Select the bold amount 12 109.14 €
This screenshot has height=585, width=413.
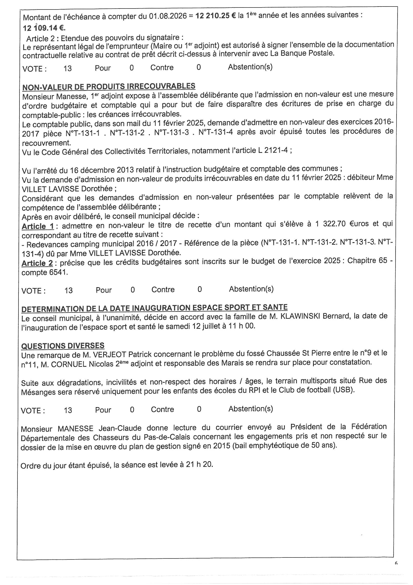(x=44, y=28)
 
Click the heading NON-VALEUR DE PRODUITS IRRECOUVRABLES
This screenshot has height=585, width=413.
(x=109, y=86)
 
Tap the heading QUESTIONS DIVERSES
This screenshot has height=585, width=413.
(x=63, y=346)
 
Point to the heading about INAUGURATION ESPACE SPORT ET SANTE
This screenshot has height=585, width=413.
(x=154, y=308)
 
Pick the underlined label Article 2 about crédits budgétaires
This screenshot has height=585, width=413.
(x=37, y=263)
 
